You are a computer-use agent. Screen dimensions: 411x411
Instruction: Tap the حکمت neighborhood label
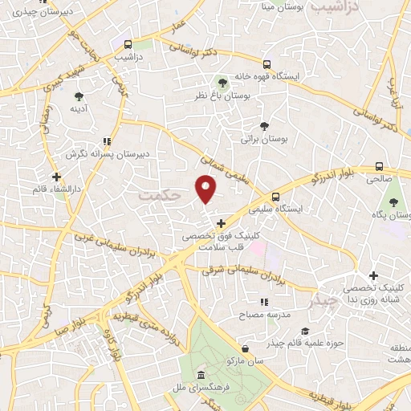(156, 194)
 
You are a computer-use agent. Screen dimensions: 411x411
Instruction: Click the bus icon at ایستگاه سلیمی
(276, 196)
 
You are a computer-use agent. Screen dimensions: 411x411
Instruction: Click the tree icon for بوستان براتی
(264, 125)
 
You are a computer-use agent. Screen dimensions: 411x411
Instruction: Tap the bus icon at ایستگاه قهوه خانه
(267, 65)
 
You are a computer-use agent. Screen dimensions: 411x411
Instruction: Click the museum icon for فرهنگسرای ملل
(201, 376)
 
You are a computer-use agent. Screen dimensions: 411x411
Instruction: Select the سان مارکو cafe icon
(244, 348)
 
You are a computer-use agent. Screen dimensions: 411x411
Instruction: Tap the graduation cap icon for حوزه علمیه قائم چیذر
(304, 332)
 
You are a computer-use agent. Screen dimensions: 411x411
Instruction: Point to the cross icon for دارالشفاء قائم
(55, 177)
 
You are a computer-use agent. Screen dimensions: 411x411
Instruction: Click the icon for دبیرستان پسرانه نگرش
(108, 141)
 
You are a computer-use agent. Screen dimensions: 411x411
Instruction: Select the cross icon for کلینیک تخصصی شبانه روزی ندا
(373, 275)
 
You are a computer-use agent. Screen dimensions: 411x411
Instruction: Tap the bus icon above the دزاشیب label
(127, 43)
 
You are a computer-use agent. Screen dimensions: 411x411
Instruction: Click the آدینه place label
(78, 108)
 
